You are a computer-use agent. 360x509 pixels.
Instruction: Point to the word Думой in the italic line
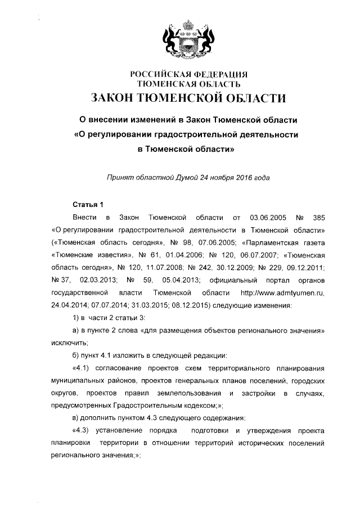[192, 178]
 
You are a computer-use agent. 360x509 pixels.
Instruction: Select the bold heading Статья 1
[88, 203]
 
